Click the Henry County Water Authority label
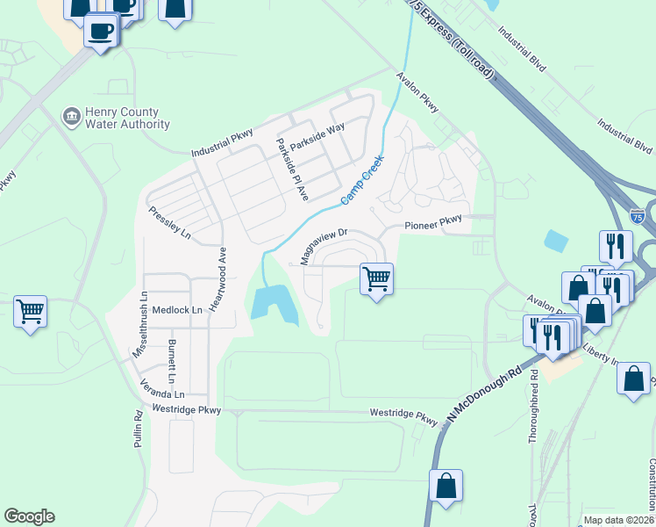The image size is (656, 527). (x=127, y=119)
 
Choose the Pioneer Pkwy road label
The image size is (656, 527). (x=432, y=226)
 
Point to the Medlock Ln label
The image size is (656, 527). (x=177, y=310)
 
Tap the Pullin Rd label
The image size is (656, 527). (x=139, y=430)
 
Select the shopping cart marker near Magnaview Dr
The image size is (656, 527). (x=376, y=279)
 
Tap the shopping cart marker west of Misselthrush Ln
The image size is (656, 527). (x=30, y=311)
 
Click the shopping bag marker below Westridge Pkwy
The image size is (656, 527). (x=446, y=486)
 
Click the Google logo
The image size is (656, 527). (x=29, y=516)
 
